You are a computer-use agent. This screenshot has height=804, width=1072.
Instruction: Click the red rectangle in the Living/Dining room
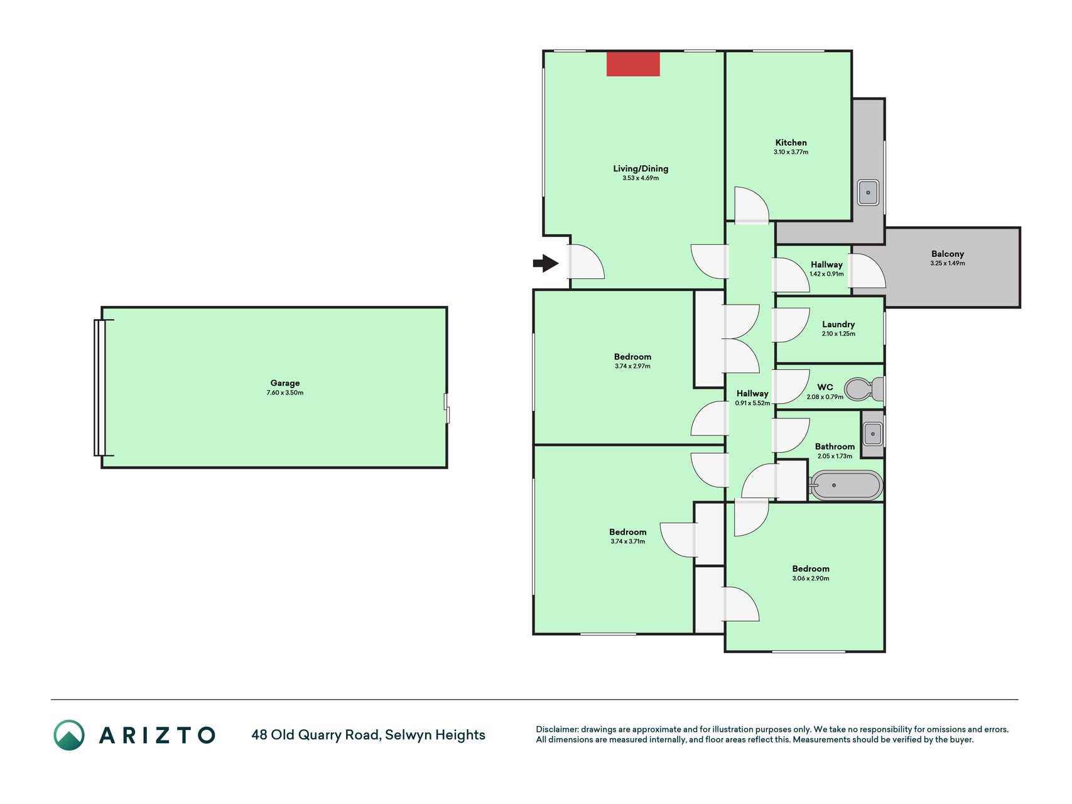[633, 64]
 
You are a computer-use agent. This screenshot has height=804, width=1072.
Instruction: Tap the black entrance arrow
[546, 263]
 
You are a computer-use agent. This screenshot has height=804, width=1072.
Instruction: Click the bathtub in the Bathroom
[846, 486]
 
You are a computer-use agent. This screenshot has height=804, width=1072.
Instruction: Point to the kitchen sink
[868, 192]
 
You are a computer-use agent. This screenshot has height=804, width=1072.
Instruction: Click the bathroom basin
[873, 433]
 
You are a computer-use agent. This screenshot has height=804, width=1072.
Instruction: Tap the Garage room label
[285, 383]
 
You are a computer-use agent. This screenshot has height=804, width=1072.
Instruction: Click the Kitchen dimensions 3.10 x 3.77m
[791, 152]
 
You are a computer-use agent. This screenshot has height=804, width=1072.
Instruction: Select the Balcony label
[948, 254]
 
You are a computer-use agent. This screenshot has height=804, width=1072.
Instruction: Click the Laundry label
[838, 324]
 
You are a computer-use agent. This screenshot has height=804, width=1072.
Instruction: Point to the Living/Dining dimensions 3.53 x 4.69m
[641, 178]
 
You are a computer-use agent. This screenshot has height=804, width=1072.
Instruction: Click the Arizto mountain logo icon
[69, 735]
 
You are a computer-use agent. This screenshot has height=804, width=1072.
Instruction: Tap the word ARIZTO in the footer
[157, 735]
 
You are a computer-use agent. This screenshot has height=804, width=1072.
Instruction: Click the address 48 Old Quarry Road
[315, 735]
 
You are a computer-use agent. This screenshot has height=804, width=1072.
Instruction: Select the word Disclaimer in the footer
[556, 729]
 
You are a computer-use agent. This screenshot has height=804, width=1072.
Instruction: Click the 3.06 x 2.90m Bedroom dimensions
[811, 579]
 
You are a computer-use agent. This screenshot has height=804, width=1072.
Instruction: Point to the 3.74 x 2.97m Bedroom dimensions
[632, 366]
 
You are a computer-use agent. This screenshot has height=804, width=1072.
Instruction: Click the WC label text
[825, 387]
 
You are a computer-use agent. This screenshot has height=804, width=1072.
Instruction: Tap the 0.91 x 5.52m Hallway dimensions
[752, 403]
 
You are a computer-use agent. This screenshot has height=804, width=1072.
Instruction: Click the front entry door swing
[587, 262]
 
